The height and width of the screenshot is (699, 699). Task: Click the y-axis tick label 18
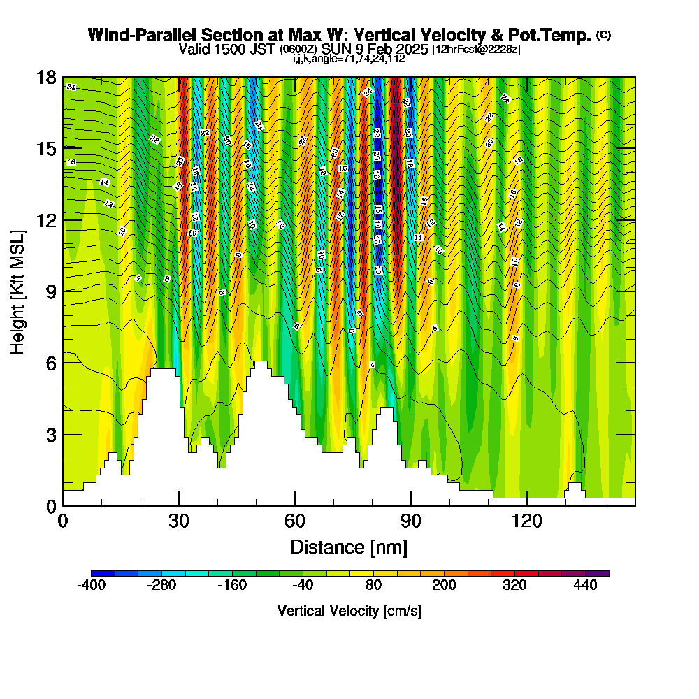[45, 77]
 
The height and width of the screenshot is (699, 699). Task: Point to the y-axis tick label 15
[45, 149]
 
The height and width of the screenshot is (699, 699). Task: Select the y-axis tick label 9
[50, 291]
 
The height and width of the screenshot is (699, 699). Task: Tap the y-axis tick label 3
[50, 435]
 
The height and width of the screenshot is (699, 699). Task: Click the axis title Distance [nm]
[349, 547]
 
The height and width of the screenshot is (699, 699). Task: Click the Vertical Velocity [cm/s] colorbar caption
[349, 611]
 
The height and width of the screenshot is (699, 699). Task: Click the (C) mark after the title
[604, 34]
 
